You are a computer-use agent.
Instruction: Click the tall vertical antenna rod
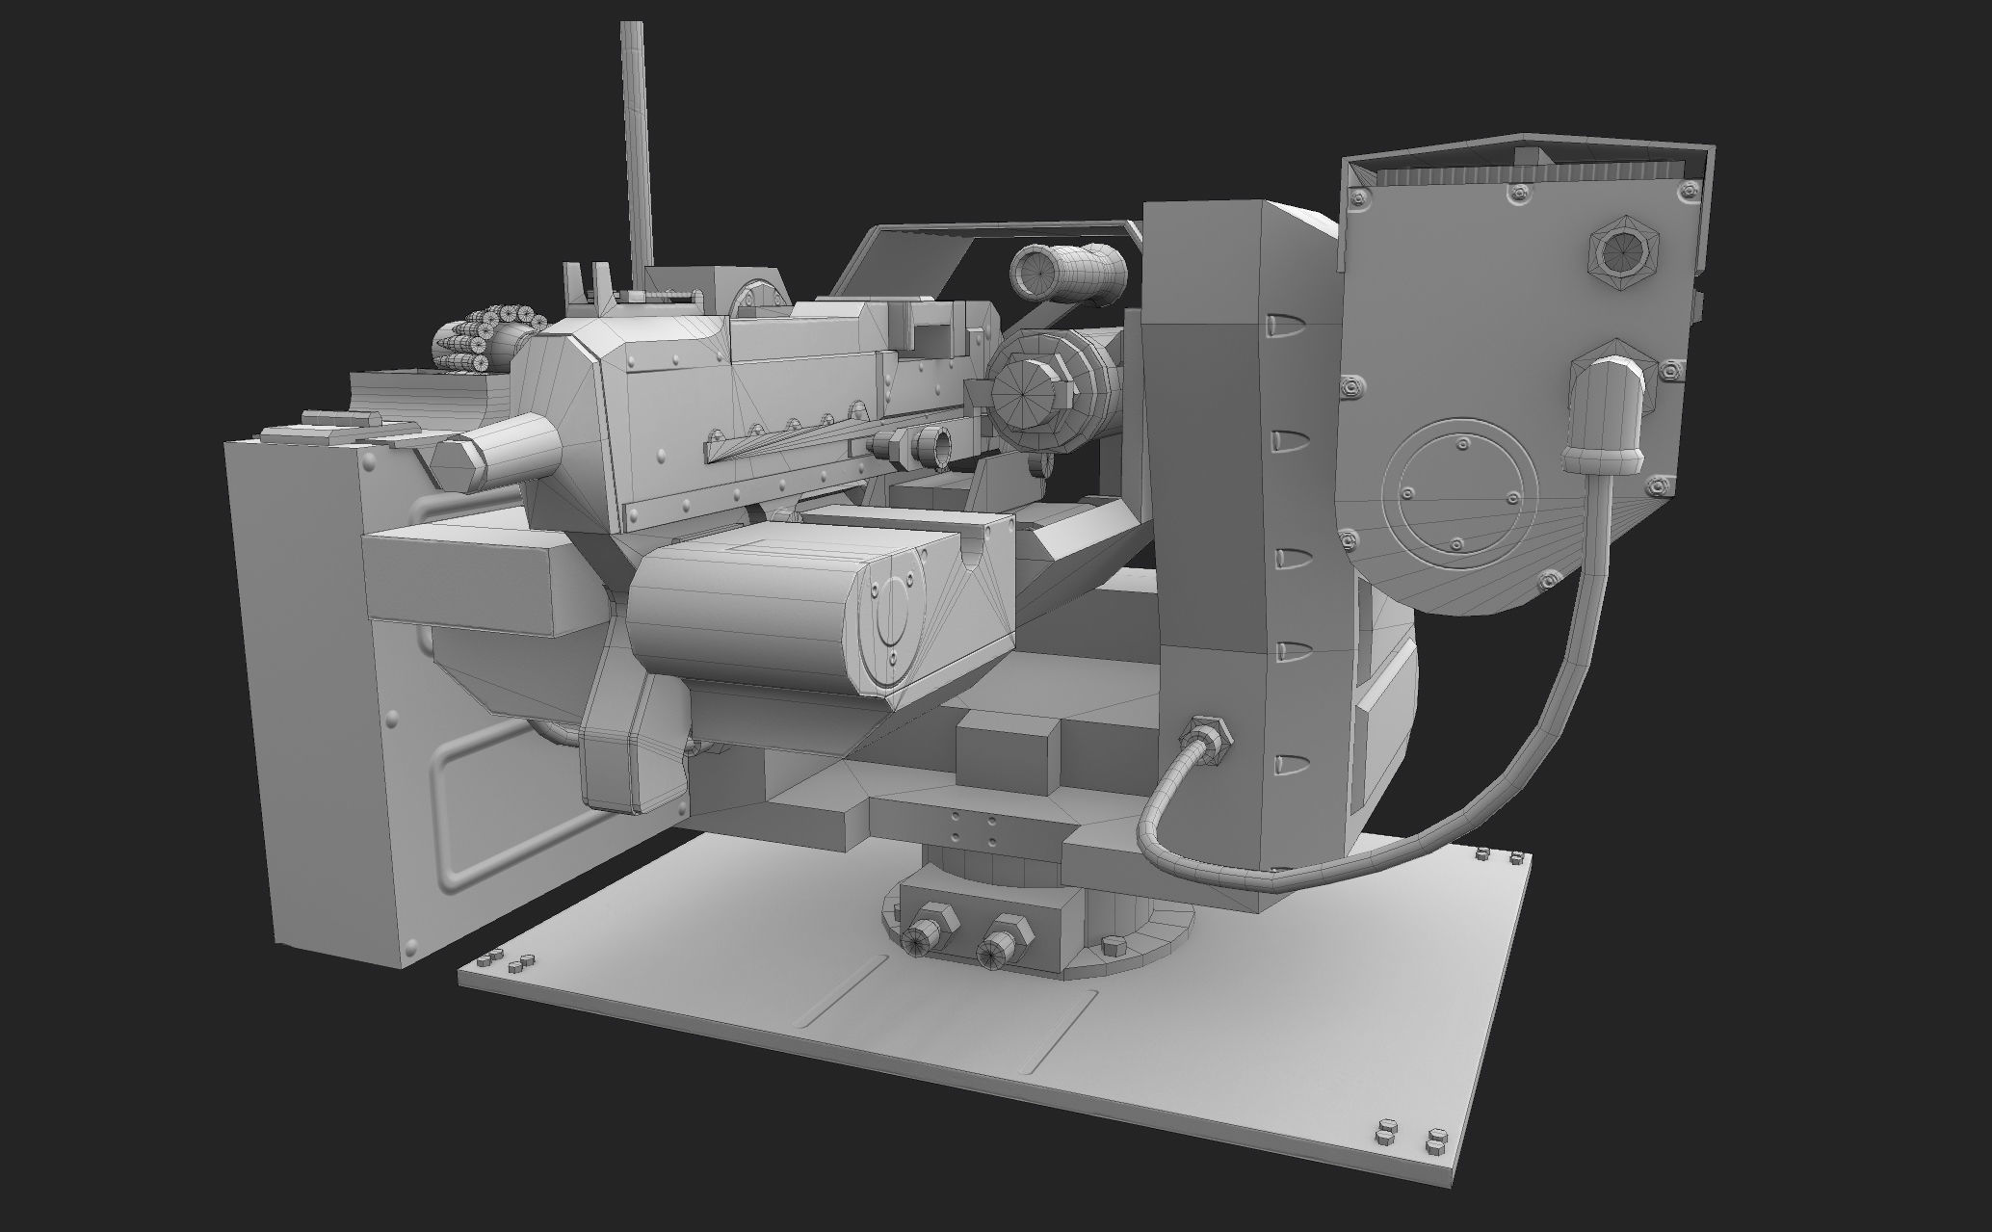click(636, 144)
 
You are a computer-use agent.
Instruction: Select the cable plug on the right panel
click(1606, 414)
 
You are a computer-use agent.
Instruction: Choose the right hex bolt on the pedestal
click(1005, 940)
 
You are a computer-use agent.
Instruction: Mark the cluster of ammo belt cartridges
click(482, 338)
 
